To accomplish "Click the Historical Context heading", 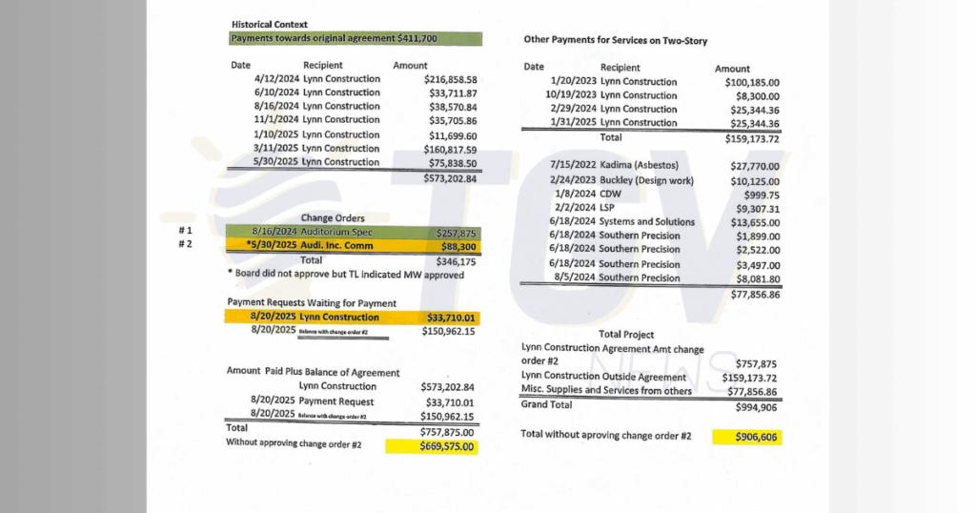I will click(270, 24).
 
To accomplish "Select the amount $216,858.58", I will click(451, 80).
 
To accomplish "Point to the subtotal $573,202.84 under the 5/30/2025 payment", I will click(451, 178).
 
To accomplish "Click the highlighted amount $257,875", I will click(456, 233).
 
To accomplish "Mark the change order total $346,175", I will click(456, 260).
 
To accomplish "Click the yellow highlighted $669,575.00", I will click(448, 445).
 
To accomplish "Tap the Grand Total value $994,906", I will click(757, 406).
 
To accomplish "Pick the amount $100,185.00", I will click(752, 83).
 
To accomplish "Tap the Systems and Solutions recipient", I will click(647, 222).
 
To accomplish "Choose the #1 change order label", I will click(188, 232).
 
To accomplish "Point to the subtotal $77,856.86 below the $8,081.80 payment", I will click(755, 295).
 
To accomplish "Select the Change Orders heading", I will click(333, 218).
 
